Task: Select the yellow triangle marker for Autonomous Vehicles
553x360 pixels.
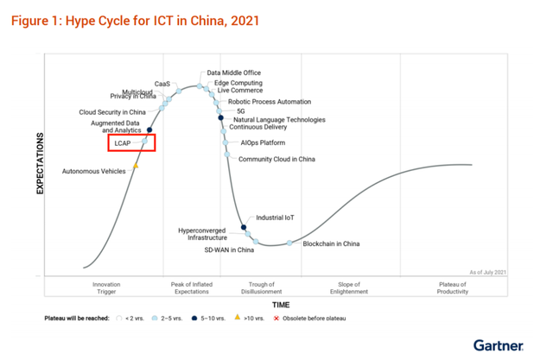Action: click(x=135, y=166)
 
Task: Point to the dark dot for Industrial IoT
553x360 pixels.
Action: click(x=244, y=227)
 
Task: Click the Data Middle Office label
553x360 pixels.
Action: click(x=233, y=73)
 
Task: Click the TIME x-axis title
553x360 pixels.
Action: click(x=281, y=305)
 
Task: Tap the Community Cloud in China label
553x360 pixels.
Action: click(x=276, y=159)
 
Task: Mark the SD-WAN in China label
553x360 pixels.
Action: click(x=228, y=249)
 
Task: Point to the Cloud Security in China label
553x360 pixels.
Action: click(x=112, y=111)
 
